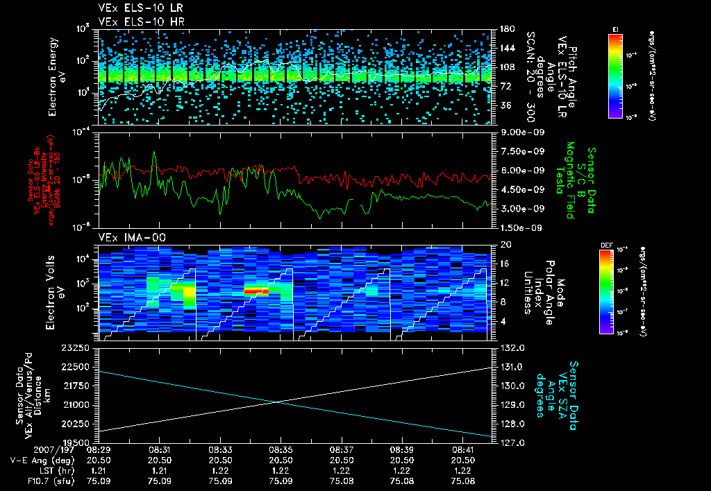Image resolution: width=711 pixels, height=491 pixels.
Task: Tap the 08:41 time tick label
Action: (x=463, y=449)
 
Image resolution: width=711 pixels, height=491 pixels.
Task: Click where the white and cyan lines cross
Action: (x=278, y=402)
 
